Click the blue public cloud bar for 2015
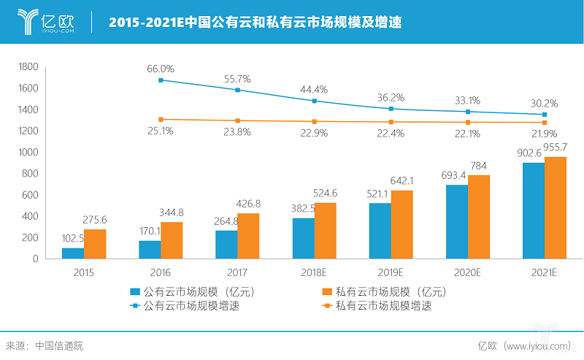[73, 253]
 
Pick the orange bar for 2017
[248, 236]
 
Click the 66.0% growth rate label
[162, 69]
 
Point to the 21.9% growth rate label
[544, 134]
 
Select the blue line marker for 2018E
[315, 101]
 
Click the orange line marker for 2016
[161, 119]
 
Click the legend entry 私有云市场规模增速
[383, 306]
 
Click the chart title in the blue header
[255, 22]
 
